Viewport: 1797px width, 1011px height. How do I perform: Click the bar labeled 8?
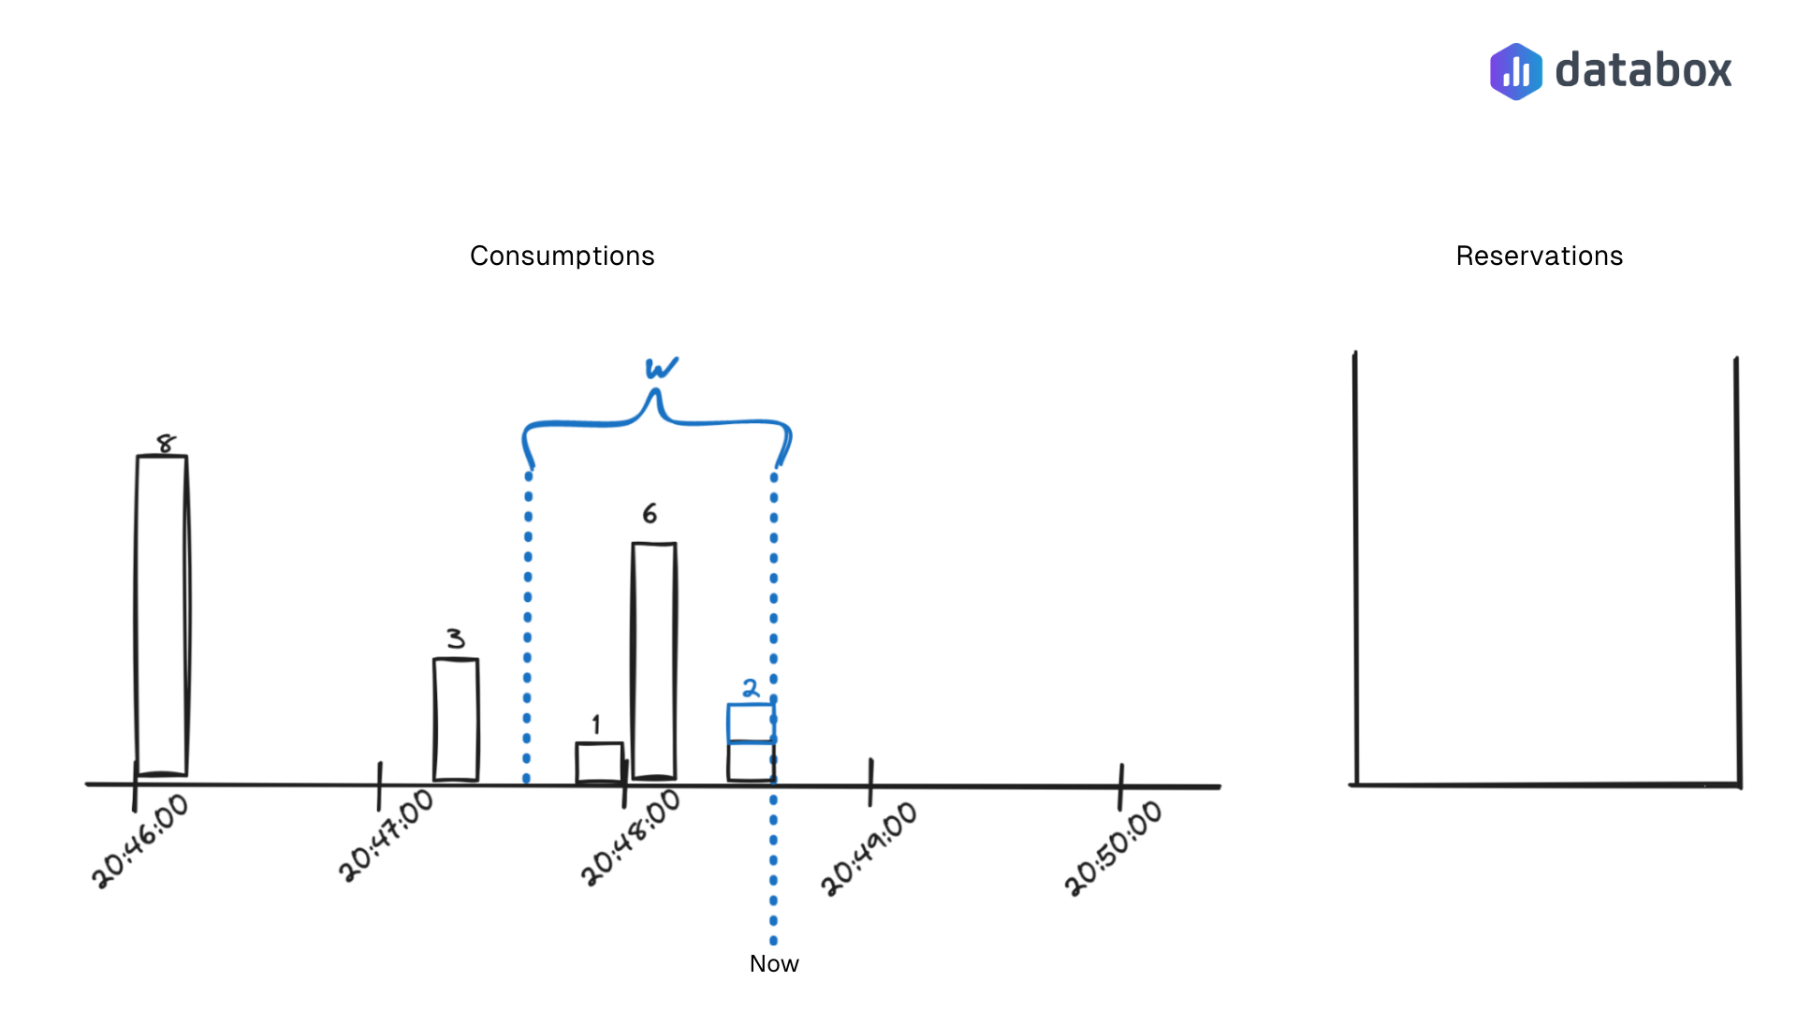coord(161,616)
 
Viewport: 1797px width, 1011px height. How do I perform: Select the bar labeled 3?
coord(456,719)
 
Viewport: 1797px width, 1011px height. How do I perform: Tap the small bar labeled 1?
coord(599,762)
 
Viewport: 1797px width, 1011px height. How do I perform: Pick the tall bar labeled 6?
coord(654,660)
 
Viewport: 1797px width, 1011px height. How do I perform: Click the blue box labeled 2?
coord(751,723)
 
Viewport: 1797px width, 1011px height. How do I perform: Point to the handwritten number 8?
coord(166,443)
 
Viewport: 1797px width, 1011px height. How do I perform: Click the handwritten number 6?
coord(650,513)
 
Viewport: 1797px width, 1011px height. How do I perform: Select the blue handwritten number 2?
coord(751,689)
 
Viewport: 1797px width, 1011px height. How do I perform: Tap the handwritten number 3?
coord(456,638)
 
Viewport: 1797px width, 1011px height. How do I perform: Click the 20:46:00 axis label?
coord(140,841)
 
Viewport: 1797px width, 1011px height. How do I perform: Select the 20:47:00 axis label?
coord(387,835)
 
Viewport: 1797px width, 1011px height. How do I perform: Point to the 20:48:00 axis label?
coord(631,838)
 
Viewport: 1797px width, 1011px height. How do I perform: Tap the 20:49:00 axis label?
coord(869,847)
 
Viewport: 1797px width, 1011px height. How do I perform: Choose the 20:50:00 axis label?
coord(1114,847)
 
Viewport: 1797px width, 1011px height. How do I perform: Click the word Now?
coord(774,963)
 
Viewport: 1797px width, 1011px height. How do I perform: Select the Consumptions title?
coord(562,256)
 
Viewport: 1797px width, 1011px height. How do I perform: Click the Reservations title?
coord(1539,256)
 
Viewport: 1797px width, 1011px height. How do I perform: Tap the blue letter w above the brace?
coord(661,368)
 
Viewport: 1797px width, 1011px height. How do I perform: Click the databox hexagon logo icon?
coord(1515,71)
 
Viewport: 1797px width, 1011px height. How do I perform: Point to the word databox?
coord(1643,71)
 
